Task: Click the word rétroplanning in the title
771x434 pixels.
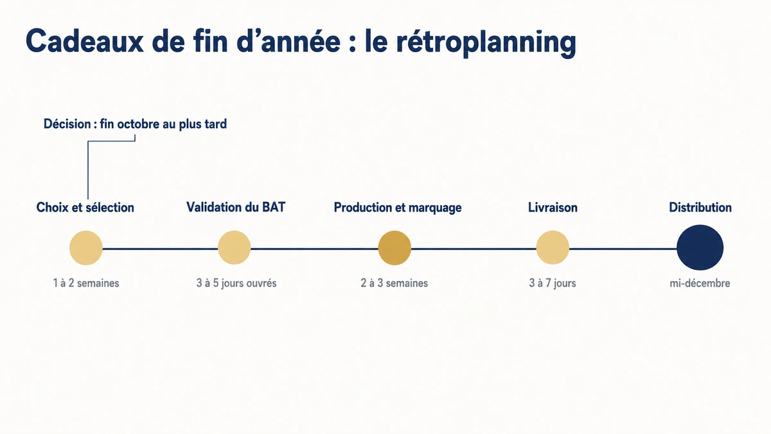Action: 486,42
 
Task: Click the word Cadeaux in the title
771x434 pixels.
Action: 85,41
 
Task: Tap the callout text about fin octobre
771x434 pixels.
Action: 135,124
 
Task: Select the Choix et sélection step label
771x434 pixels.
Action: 85,207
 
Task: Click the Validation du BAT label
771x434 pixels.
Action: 236,207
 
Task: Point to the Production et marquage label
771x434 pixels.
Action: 398,208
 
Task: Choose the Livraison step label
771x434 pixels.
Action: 553,207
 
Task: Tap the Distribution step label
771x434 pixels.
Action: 700,207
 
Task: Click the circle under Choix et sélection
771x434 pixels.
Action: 86,248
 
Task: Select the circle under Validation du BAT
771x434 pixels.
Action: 235,248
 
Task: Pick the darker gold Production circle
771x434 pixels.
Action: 394,248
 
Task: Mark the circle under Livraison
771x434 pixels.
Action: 553,248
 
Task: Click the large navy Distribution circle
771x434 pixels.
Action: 700,248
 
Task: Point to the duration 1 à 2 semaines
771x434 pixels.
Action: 86,283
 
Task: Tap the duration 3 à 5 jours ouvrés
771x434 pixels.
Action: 236,283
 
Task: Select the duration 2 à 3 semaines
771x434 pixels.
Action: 394,283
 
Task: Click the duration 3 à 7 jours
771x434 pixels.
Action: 553,283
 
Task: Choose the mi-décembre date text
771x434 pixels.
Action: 700,283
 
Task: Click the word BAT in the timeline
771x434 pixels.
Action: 274,207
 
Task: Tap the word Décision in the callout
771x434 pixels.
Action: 67,124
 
